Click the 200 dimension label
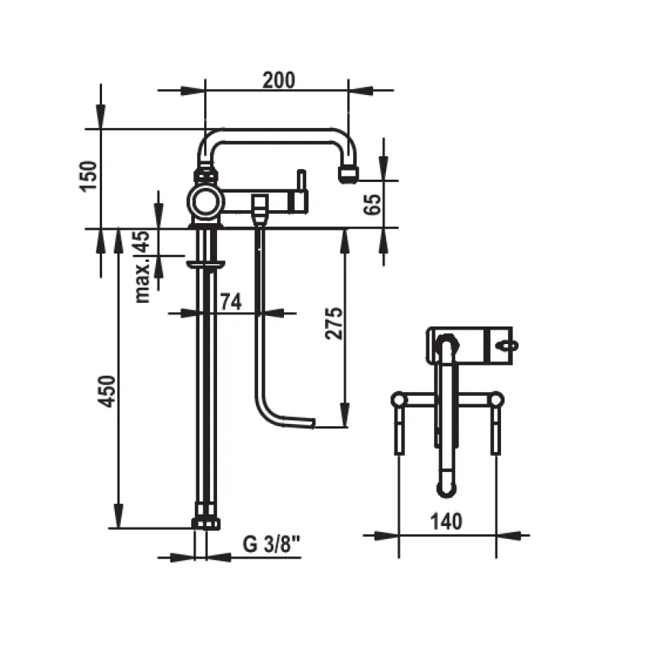[x=279, y=80]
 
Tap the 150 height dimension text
[x=89, y=176]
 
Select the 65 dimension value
[x=372, y=204]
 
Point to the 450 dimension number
[x=107, y=391]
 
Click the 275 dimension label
[x=334, y=323]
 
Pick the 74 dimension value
[x=231, y=301]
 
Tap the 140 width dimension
[x=445, y=521]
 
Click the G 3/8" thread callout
[x=272, y=544]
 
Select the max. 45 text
[x=142, y=267]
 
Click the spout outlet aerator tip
[x=349, y=174]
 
